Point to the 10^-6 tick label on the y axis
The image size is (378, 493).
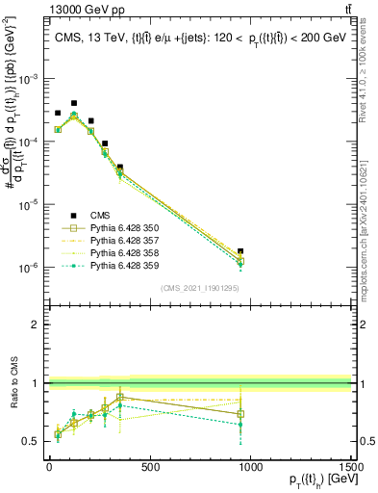coord(27,268)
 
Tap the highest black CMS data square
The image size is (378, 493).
coord(74,103)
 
